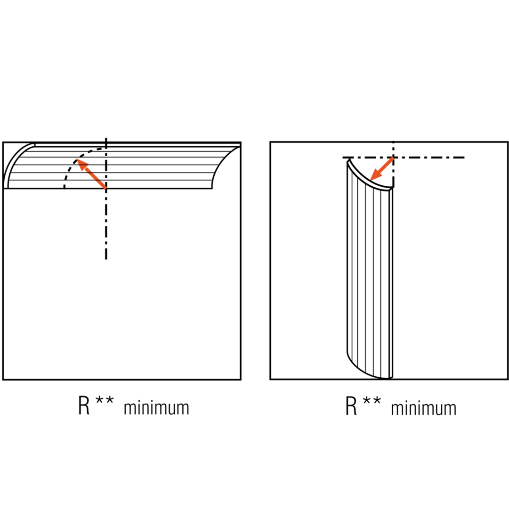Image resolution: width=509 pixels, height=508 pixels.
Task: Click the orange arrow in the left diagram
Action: [91, 174]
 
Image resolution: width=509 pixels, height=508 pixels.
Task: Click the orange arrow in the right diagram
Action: [382, 169]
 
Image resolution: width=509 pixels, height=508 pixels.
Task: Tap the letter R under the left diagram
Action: [84, 405]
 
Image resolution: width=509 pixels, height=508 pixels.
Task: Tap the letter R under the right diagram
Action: [351, 405]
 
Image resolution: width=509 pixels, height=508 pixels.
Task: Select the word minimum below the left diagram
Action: [156, 408]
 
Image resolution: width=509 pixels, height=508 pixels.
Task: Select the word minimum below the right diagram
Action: [424, 408]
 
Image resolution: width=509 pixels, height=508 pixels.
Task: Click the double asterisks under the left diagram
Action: [105, 401]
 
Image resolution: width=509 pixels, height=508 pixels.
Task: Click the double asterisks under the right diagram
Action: [372, 401]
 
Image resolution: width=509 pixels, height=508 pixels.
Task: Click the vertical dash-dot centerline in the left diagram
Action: [106, 198]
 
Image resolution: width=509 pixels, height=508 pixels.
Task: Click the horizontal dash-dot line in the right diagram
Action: [404, 158]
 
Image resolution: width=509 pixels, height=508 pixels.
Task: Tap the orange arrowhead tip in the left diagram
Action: [77, 159]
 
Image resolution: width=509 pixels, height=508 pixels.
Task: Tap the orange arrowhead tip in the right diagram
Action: [371, 180]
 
